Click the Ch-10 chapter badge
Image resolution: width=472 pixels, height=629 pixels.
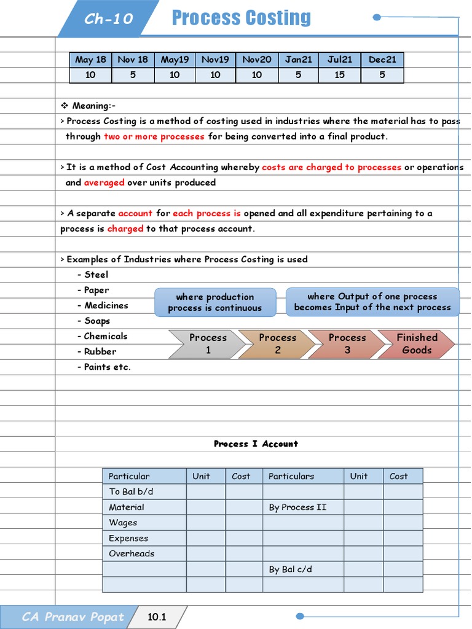(108, 18)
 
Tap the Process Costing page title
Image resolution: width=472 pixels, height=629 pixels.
(242, 18)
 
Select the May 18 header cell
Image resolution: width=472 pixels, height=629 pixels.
(90, 60)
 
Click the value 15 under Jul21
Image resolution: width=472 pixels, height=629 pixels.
(340, 75)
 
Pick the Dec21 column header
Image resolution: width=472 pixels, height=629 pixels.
(382, 60)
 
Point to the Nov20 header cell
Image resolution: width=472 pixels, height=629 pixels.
(257, 60)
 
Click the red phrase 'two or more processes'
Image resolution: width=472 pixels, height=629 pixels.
(154, 136)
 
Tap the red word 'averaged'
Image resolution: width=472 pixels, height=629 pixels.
(104, 182)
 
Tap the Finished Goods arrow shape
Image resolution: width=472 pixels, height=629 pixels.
(417, 344)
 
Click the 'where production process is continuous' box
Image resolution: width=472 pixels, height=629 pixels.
(214, 302)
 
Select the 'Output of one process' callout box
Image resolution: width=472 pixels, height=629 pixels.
(372, 302)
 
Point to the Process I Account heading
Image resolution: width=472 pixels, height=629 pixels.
(256, 443)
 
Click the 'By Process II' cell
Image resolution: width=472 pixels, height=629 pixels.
(298, 507)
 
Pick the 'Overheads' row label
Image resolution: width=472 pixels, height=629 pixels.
(132, 553)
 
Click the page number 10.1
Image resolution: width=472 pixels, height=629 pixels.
(157, 617)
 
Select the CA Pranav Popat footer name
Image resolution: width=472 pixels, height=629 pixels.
(73, 617)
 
